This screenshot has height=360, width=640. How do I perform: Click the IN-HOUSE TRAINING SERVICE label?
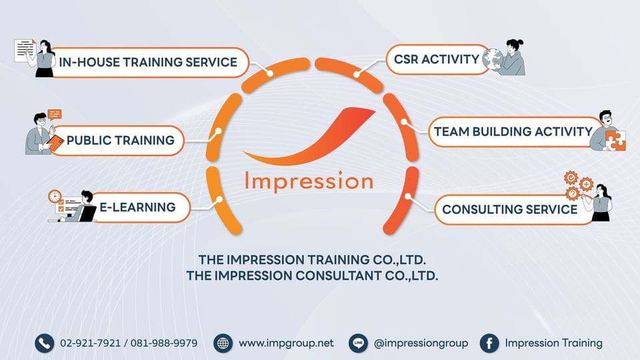pyautogui.click(x=148, y=63)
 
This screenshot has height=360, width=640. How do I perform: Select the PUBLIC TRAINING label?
pyautogui.click(x=120, y=141)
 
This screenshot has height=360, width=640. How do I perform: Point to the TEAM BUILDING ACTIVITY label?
pyautogui.click(x=513, y=131)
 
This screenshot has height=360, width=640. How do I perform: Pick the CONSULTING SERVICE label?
pyautogui.click(x=509, y=209)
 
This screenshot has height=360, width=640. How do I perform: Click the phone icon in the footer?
pyautogui.click(x=44, y=343)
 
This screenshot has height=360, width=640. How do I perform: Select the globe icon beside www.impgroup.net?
pyautogui.click(x=223, y=343)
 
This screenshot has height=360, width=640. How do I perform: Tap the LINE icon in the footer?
pyautogui.click(x=358, y=343)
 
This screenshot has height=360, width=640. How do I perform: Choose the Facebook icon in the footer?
pyautogui.click(x=489, y=343)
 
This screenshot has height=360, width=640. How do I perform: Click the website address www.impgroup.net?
pyautogui.click(x=286, y=343)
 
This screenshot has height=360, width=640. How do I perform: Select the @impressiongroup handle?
pyautogui.click(x=421, y=343)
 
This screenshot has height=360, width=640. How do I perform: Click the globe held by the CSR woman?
pyautogui.click(x=493, y=58)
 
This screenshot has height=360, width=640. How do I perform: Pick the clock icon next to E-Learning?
pyautogui.click(x=55, y=197)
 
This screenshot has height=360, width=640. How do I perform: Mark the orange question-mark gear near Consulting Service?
pyautogui.click(x=572, y=194)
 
